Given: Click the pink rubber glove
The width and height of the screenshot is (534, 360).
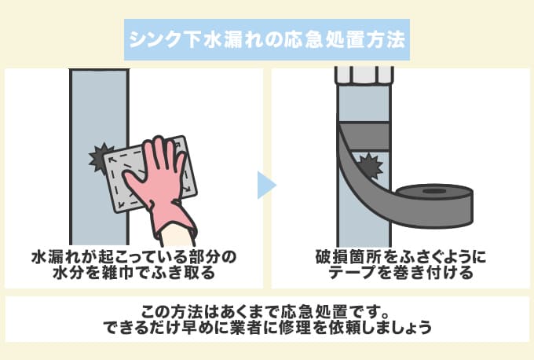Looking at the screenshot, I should pyautogui.click(x=160, y=185).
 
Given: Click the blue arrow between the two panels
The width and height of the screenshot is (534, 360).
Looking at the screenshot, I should pyautogui.click(x=267, y=186).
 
